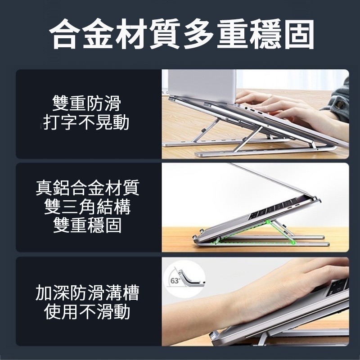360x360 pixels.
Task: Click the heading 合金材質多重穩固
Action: click(180, 34)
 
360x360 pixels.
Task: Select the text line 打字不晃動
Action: click(87, 122)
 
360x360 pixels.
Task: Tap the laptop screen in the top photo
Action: click(198, 83)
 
